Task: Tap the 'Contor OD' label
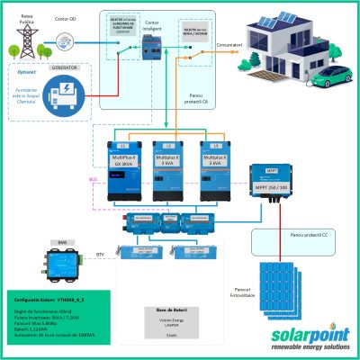pos(66,15)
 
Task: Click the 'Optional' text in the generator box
pos(20,71)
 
